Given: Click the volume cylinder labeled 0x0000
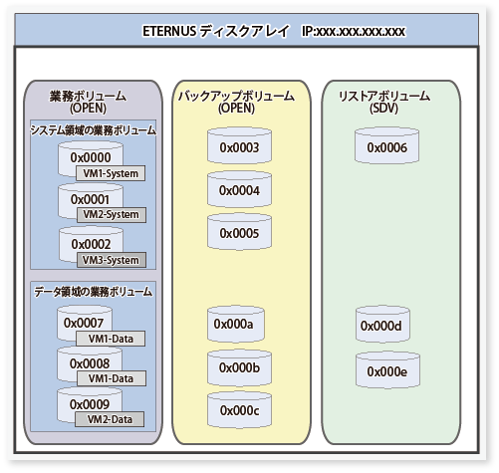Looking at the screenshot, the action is pos(91,158).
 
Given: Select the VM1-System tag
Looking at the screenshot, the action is pos(111,173).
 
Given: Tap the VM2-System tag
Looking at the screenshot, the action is pos(112,215).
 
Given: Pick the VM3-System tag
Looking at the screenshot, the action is pos(112,260).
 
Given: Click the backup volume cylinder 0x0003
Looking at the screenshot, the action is pos(239,146).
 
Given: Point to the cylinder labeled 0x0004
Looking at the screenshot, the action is pos(239,189).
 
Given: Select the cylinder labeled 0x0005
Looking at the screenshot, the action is pos(239,232).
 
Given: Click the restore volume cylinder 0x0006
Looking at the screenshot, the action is pos(386,146).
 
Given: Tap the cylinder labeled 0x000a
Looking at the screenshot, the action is pos(236,325).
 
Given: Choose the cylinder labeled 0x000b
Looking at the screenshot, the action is pos(239,367).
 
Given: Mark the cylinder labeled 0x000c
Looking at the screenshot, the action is pos(239,410).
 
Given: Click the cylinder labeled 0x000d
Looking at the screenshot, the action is pos(382,325).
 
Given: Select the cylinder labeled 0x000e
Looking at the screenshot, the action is pos(387,370).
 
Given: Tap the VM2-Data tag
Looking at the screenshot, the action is pos(110,419).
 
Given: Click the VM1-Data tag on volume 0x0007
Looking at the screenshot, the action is pos(111,339).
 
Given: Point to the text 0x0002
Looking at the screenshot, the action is pos(91,244).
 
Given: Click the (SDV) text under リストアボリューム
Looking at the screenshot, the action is pos(383,109).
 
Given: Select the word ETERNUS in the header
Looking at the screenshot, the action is pos(169,31).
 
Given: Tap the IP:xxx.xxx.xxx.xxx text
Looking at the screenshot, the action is pos(354,31).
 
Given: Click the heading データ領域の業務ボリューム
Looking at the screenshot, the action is pos(93,292).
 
